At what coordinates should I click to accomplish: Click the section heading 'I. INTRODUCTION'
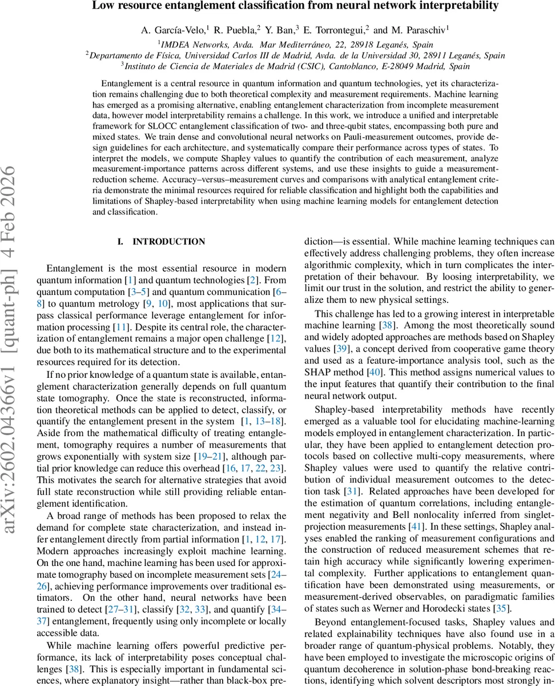tap(161, 242)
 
